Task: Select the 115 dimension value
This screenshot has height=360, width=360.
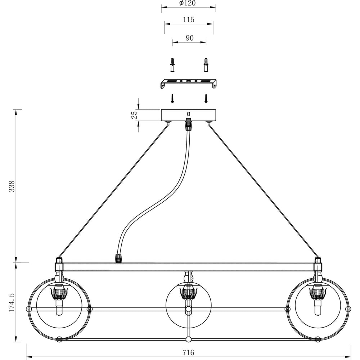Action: tap(188, 20)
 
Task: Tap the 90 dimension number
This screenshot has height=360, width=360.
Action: tap(189, 38)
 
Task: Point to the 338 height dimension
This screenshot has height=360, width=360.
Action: tap(12, 186)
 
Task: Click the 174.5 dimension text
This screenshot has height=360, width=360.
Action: tap(12, 302)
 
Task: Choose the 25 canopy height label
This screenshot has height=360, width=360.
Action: tap(134, 115)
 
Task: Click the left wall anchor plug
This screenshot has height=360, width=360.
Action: tap(172, 65)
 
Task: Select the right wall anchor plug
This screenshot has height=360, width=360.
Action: tap(206, 65)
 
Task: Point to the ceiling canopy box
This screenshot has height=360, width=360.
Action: tap(188, 115)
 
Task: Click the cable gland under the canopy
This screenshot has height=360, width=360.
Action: tap(188, 125)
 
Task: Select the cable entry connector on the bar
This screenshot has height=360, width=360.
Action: tap(117, 258)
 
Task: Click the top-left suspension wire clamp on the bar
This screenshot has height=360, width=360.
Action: tap(59, 261)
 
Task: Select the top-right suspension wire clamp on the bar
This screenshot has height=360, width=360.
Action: tap(318, 261)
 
